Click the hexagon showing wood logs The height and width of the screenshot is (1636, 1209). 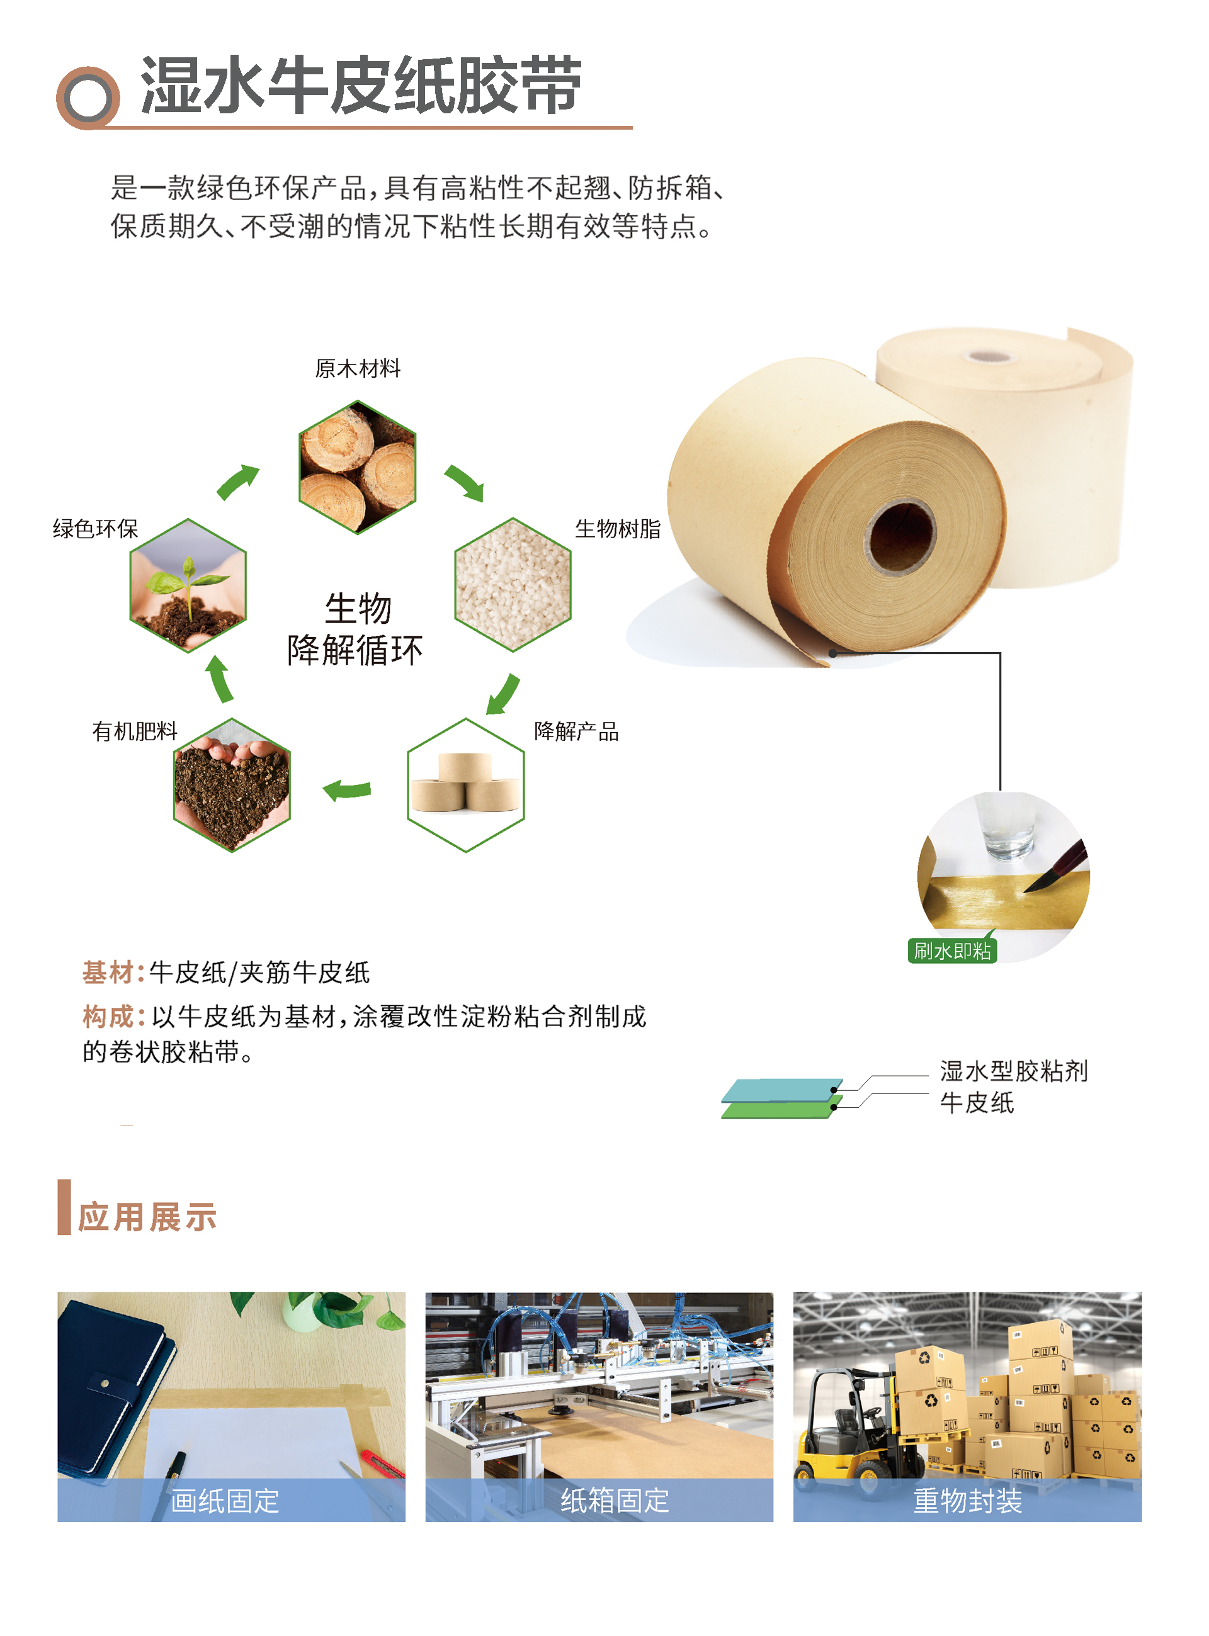pos(357,467)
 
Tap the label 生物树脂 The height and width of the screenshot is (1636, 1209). pos(617,528)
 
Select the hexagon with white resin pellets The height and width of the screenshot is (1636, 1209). pos(513,585)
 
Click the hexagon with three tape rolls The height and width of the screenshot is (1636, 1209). pos(465,785)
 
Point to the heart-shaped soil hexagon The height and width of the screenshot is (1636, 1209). pos(231,785)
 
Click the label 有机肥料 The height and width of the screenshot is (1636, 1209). pos(135,731)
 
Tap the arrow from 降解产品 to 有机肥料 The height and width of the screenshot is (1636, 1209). pos(348,789)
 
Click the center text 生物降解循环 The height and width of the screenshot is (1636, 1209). pos(356,629)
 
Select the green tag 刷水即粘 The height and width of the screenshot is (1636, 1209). pos(951,951)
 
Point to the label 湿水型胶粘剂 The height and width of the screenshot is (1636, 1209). pos(1014,1071)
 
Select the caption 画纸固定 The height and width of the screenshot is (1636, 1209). pos(225,1501)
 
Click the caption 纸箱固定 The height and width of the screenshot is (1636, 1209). pos(614,1501)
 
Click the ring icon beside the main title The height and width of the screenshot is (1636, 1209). pos(88,98)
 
